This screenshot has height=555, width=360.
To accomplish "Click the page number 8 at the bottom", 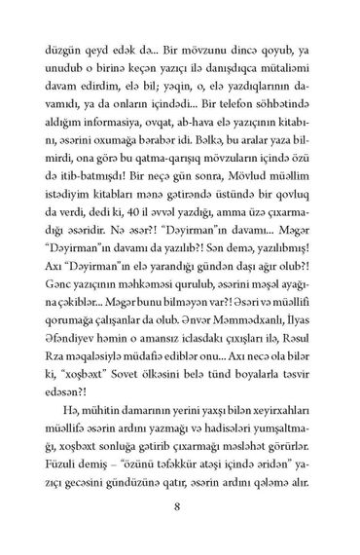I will [x=180, y=505].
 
